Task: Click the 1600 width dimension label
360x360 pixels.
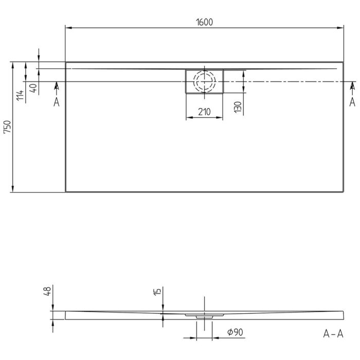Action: [x=204, y=22]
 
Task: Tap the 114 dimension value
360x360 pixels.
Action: [x=20, y=95]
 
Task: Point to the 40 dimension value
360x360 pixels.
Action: [x=33, y=88]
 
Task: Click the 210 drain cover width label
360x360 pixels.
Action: [x=204, y=112]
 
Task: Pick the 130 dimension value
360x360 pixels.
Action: [x=238, y=106]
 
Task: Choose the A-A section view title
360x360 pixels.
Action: [x=333, y=334]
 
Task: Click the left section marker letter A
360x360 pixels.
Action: [x=57, y=102]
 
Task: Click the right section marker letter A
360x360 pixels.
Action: [x=352, y=102]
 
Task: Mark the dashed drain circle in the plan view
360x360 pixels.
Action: [x=204, y=81]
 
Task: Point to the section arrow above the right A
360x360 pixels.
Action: [x=352, y=85]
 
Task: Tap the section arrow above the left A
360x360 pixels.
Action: [x=57, y=85]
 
